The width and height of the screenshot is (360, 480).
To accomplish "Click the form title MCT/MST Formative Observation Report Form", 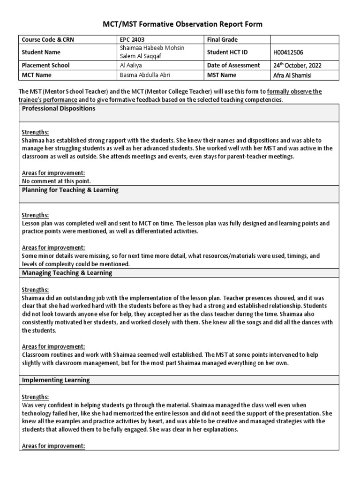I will click(180, 24).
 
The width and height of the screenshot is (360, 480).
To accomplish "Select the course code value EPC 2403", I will click(133, 40).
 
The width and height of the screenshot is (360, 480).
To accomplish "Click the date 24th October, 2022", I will click(298, 65).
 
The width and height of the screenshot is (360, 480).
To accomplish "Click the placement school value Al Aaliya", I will click(132, 65).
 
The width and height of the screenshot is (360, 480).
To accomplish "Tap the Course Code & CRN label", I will click(48, 40).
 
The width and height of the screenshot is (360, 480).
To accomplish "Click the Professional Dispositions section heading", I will click(59, 108).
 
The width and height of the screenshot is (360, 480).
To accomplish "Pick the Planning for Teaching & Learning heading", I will click(70, 190).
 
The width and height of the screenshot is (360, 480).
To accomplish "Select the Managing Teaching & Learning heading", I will click(67, 272).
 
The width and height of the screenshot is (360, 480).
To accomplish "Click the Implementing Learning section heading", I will click(56, 380).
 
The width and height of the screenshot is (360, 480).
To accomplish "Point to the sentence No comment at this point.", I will click(56, 180).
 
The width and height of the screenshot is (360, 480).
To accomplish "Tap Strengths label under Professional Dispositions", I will click(35, 132).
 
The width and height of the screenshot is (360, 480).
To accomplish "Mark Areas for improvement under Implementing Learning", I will click(53, 446).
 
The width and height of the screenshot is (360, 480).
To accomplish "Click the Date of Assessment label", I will click(233, 65).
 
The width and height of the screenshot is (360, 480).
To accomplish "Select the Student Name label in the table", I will click(41, 52).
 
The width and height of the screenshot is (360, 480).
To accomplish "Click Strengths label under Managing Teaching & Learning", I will click(35, 290).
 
